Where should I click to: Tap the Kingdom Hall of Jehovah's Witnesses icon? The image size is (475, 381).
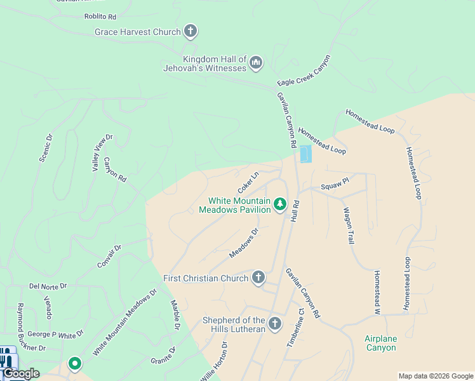pos(256,62)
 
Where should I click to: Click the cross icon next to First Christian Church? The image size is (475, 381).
pos(258,277)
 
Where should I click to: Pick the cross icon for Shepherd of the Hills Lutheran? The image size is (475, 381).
pos(274,324)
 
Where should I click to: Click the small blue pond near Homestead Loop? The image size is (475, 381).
pos(305,154)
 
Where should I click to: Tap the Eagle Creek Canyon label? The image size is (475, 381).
pos(304,71)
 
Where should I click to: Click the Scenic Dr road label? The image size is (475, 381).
pos(46,147)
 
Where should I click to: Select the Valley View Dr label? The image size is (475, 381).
pos(102,152)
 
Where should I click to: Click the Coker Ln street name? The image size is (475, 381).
pos(248,183)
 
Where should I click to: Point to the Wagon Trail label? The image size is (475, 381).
pos(349,225)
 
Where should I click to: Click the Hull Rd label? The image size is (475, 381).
pos(295,208)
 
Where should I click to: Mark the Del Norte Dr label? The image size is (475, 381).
pos(48,286)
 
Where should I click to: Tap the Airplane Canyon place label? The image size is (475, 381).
pos(381,343)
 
